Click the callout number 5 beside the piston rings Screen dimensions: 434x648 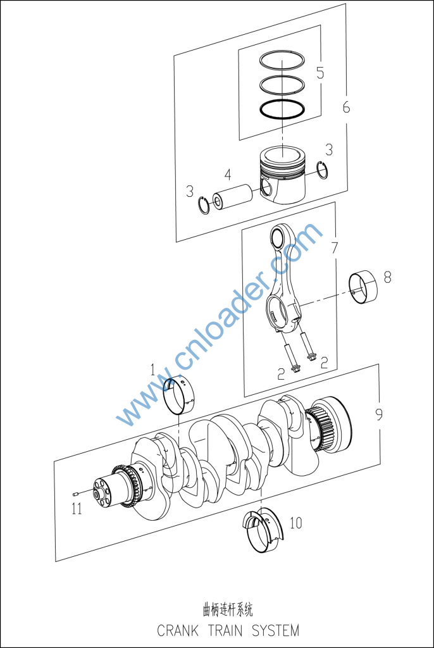coord(320,72)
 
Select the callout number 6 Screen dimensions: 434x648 coord(346,106)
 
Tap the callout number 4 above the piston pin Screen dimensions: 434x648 coord(228,175)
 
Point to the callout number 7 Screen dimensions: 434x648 coord(335,247)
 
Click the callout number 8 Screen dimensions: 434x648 coord(387,277)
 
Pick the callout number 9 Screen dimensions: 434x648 coord(378,414)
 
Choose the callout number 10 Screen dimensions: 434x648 coord(296,523)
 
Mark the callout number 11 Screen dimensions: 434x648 coord(77,508)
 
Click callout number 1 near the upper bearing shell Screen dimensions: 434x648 coord(152,370)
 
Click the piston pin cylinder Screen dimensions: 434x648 coord(232,197)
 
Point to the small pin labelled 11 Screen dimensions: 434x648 coord(75,494)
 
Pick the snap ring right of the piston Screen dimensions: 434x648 coord(322,170)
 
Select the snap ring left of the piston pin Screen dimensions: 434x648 coord(203,205)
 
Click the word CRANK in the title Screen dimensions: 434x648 coord(178,630)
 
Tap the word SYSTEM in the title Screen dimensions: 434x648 coord(275,630)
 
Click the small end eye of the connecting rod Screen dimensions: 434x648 coord(278,238)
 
